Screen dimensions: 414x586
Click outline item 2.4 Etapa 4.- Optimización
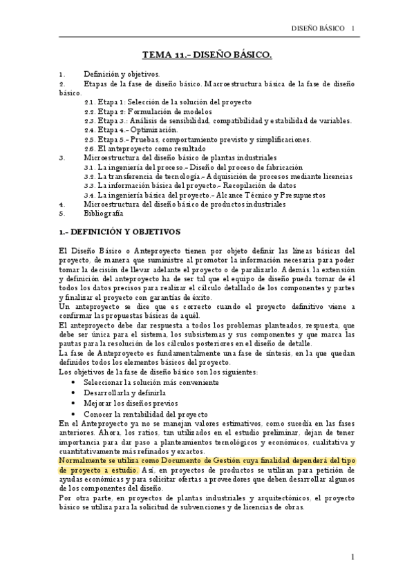pyautogui.click(x=131, y=129)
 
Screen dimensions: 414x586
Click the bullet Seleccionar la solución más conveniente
pyautogui.click(x=151, y=381)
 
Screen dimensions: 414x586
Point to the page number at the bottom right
pyautogui.click(x=352, y=556)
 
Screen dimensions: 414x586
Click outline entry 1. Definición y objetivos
pyautogui.click(x=122, y=73)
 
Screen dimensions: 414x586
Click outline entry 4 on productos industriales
pyautogui.click(x=184, y=204)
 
